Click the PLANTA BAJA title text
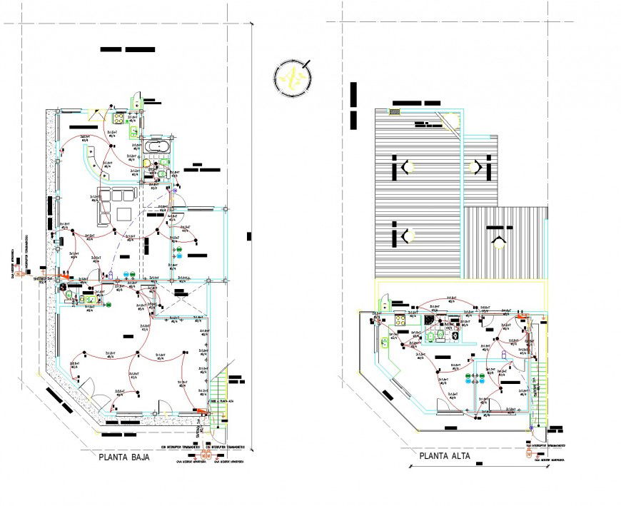(124, 459)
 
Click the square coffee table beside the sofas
(123, 213)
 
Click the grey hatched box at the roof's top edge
(395, 111)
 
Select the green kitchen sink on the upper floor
(393, 338)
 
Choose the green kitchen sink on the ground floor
(133, 131)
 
